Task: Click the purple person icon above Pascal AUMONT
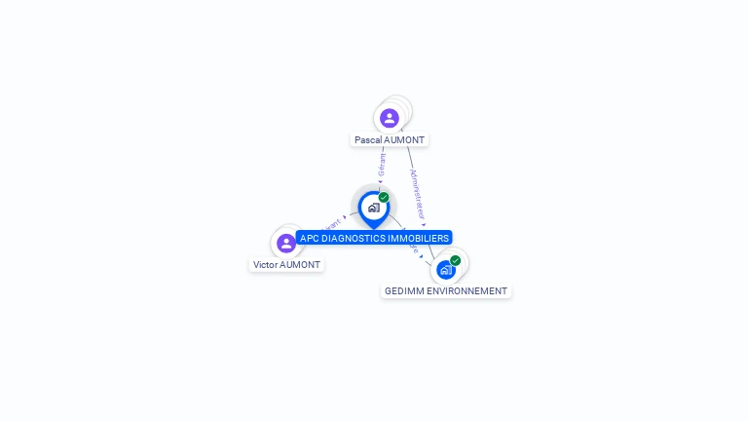click(x=390, y=118)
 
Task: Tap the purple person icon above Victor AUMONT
click(x=286, y=243)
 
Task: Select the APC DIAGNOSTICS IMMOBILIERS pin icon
click(x=373, y=208)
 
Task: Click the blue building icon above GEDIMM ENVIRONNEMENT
click(x=446, y=269)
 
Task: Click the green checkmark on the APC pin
click(x=384, y=197)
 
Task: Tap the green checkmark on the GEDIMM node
click(x=455, y=260)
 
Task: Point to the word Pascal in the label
click(x=368, y=140)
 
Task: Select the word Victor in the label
click(x=266, y=265)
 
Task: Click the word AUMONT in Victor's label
click(x=301, y=265)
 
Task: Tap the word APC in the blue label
click(x=309, y=238)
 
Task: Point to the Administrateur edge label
click(x=417, y=192)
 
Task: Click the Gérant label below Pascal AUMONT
click(x=382, y=164)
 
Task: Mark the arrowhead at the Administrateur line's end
click(x=424, y=225)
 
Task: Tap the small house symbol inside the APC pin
click(x=373, y=208)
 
